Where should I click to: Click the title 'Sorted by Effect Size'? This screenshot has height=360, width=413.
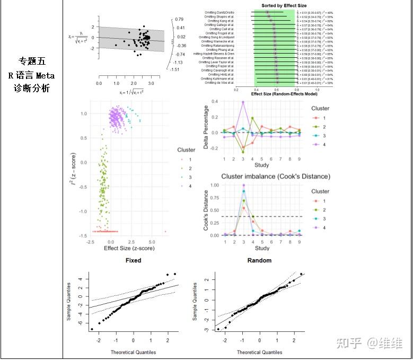click(x=284, y=6)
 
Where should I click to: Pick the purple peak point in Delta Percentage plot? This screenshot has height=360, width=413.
click(x=243, y=102)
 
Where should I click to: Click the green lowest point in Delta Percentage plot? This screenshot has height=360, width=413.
click(x=243, y=152)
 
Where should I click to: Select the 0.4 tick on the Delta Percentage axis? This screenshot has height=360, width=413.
click(x=215, y=101)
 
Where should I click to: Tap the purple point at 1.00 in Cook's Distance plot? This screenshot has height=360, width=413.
click(x=243, y=185)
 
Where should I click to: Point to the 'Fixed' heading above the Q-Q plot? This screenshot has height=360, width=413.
click(x=133, y=260)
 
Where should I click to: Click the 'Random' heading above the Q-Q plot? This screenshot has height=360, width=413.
click(x=259, y=260)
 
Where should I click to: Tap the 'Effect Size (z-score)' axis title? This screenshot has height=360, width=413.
click(x=129, y=248)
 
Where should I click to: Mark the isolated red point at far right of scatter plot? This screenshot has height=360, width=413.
click(x=165, y=232)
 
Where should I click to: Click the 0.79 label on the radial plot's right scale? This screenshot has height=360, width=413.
click(x=180, y=19)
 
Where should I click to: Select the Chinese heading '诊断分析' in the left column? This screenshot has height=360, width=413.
click(x=32, y=88)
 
